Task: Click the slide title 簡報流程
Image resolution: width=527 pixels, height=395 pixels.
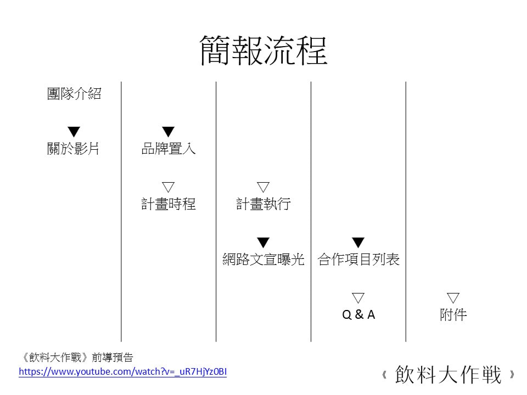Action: pyautogui.click(x=263, y=50)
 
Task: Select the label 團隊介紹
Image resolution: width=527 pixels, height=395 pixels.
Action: pyautogui.click(x=74, y=94)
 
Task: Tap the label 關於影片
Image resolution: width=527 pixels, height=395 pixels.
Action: pyautogui.click(x=73, y=149)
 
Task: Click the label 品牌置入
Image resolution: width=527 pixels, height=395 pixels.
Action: pyautogui.click(x=169, y=149)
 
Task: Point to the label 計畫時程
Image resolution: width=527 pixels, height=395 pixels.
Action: pyautogui.click(x=169, y=204)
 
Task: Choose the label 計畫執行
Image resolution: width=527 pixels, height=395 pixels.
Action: pyautogui.click(x=263, y=204)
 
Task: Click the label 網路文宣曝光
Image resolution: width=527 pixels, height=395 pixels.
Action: pyautogui.click(x=263, y=259)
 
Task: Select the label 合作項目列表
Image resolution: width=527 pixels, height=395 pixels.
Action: pyautogui.click(x=358, y=259)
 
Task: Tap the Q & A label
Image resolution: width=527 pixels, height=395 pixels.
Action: pyautogui.click(x=358, y=315)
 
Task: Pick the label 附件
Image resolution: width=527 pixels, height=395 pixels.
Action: pyautogui.click(x=453, y=315)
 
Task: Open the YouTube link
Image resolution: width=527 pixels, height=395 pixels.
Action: pyautogui.click(x=122, y=372)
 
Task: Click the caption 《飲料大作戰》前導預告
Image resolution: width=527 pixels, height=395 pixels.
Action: pyautogui.click(x=77, y=357)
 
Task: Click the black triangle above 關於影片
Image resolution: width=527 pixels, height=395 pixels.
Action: pyautogui.click(x=74, y=131)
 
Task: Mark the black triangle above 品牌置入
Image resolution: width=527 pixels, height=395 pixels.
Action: pyautogui.click(x=168, y=131)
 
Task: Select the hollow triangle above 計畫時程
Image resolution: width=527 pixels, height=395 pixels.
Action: pyautogui.click(x=168, y=187)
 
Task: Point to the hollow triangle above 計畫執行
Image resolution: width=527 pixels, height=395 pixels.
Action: pyautogui.click(x=263, y=187)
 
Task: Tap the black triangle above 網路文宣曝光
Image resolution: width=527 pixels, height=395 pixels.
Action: pyautogui.click(x=263, y=242)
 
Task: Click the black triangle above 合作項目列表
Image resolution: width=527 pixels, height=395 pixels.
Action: pyautogui.click(x=358, y=242)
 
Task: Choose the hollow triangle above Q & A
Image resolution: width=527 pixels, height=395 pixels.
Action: pyautogui.click(x=358, y=297)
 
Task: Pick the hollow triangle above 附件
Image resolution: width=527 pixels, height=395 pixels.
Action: pyautogui.click(x=453, y=297)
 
